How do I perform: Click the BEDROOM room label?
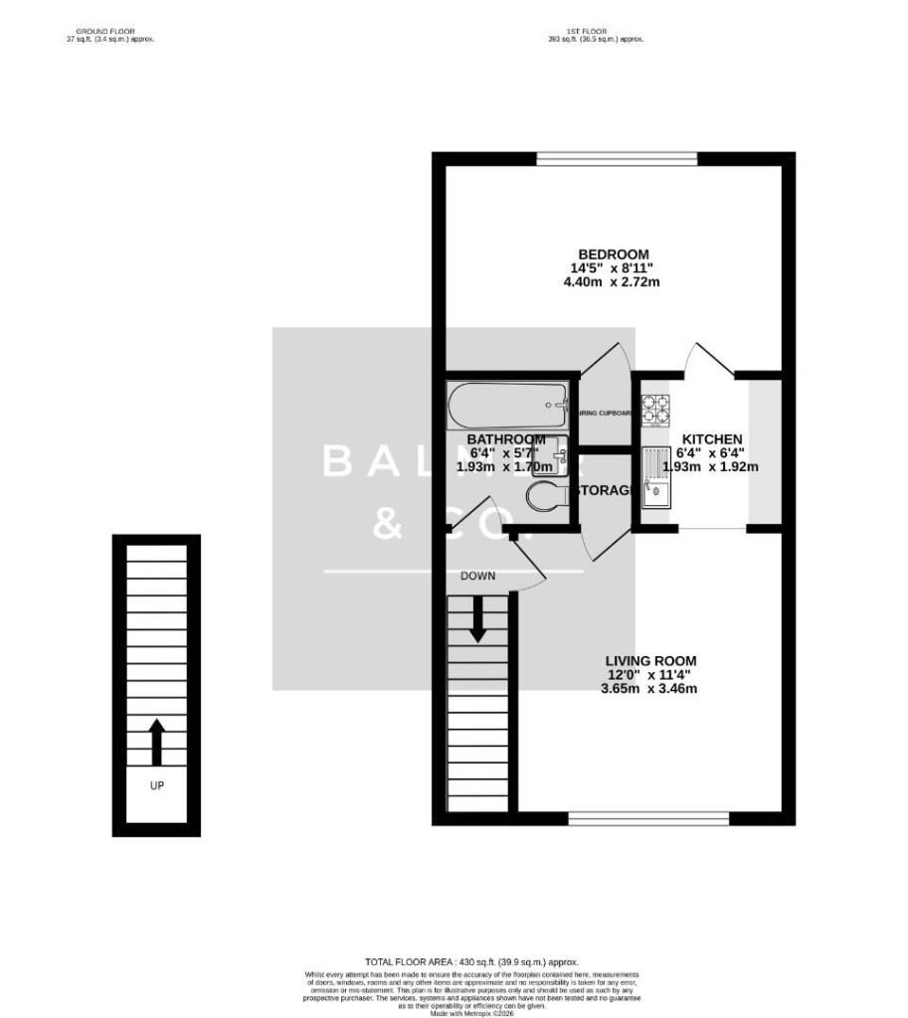tap(615, 254)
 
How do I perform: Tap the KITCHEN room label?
tap(712, 438)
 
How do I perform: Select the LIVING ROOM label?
tap(652, 660)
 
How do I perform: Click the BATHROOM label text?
tap(506, 438)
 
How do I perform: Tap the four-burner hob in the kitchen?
tap(656, 408)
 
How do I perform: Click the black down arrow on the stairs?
tap(477, 618)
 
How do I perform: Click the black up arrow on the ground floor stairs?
tap(156, 742)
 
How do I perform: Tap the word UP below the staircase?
tap(156, 785)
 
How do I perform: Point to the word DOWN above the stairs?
tap(477, 576)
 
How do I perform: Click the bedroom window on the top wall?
tap(616, 158)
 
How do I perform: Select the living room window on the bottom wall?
tap(648, 819)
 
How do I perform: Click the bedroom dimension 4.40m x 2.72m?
tap(615, 282)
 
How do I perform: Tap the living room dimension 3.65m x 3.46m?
tap(652, 688)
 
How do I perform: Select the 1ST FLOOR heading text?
tap(595, 32)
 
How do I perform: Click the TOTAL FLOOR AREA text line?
tap(471, 962)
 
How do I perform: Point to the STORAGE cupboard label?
tap(606, 491)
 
